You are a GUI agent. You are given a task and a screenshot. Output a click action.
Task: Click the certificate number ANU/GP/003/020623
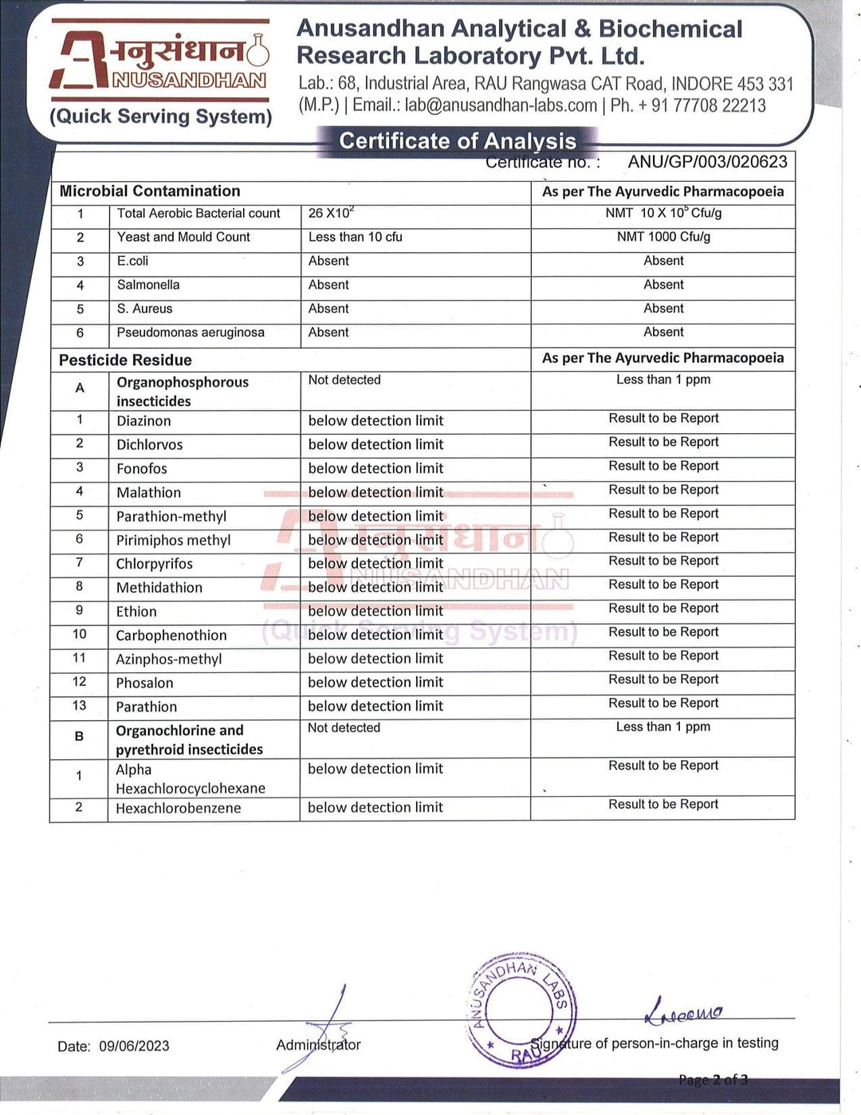(x=707, y=162)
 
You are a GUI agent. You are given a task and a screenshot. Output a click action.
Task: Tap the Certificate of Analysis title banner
(x=458, y=141)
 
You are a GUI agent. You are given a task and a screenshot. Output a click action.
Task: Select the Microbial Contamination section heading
(x=150, y=191)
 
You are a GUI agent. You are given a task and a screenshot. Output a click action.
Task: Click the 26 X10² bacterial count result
(x=331, y=213)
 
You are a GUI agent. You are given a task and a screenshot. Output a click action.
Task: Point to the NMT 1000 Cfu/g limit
(x=663, y=237)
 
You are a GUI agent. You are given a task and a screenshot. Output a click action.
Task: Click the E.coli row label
(x=132, y=261)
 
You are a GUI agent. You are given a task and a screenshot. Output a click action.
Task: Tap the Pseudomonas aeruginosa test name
(x=191, y=333)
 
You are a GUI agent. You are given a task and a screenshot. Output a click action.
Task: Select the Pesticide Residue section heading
(x=125, y=360)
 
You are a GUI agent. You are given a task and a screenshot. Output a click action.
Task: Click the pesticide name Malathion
(x=148, y=493)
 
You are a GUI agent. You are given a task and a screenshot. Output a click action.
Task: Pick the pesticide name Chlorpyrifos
(x=155, y=564)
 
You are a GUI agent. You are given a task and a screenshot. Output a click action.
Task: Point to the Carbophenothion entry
(x=171, y=636)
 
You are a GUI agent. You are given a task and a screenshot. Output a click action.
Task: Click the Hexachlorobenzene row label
(x=179, y=808)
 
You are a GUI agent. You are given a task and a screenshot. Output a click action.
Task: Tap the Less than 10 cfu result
(x=356, y=237)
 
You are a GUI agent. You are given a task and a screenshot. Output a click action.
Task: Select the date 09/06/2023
(x=134, y=1046)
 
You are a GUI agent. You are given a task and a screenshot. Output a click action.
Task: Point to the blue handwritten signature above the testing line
(x=683, y=1011)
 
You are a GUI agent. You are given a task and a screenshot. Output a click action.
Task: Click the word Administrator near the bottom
(x=318, y=1045)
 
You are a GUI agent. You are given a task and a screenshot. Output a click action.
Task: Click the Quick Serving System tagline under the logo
(x=161, y=116)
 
